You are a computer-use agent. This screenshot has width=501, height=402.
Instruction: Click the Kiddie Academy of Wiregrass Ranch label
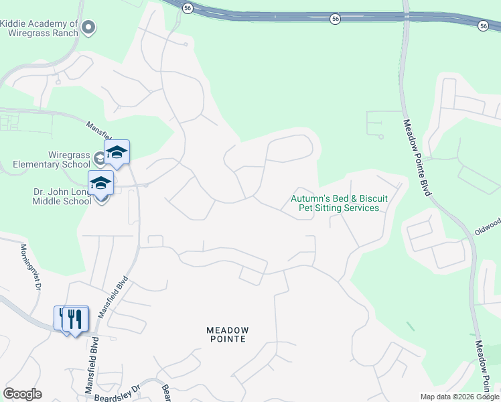(x=40, y=28)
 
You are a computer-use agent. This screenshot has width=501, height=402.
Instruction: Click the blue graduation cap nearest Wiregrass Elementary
(x=117, y=153)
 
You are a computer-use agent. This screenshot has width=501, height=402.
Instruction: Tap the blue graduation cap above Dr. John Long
(x=101, y=183)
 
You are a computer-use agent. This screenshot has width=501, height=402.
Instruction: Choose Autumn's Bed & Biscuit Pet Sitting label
(x=335, y=203)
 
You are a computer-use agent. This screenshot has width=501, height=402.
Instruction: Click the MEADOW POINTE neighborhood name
(x=227, y=335)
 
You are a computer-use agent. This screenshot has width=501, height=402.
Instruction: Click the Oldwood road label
(x=487, y=226)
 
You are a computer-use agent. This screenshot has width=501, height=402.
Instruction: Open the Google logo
(x=22, y=394)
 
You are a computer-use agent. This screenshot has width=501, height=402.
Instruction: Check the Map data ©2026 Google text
(x=459, y=397)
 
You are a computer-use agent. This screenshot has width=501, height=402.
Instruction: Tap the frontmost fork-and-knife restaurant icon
(x=76, y=319)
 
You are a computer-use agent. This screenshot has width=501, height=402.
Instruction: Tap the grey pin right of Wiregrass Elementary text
(x=99, y=159)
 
